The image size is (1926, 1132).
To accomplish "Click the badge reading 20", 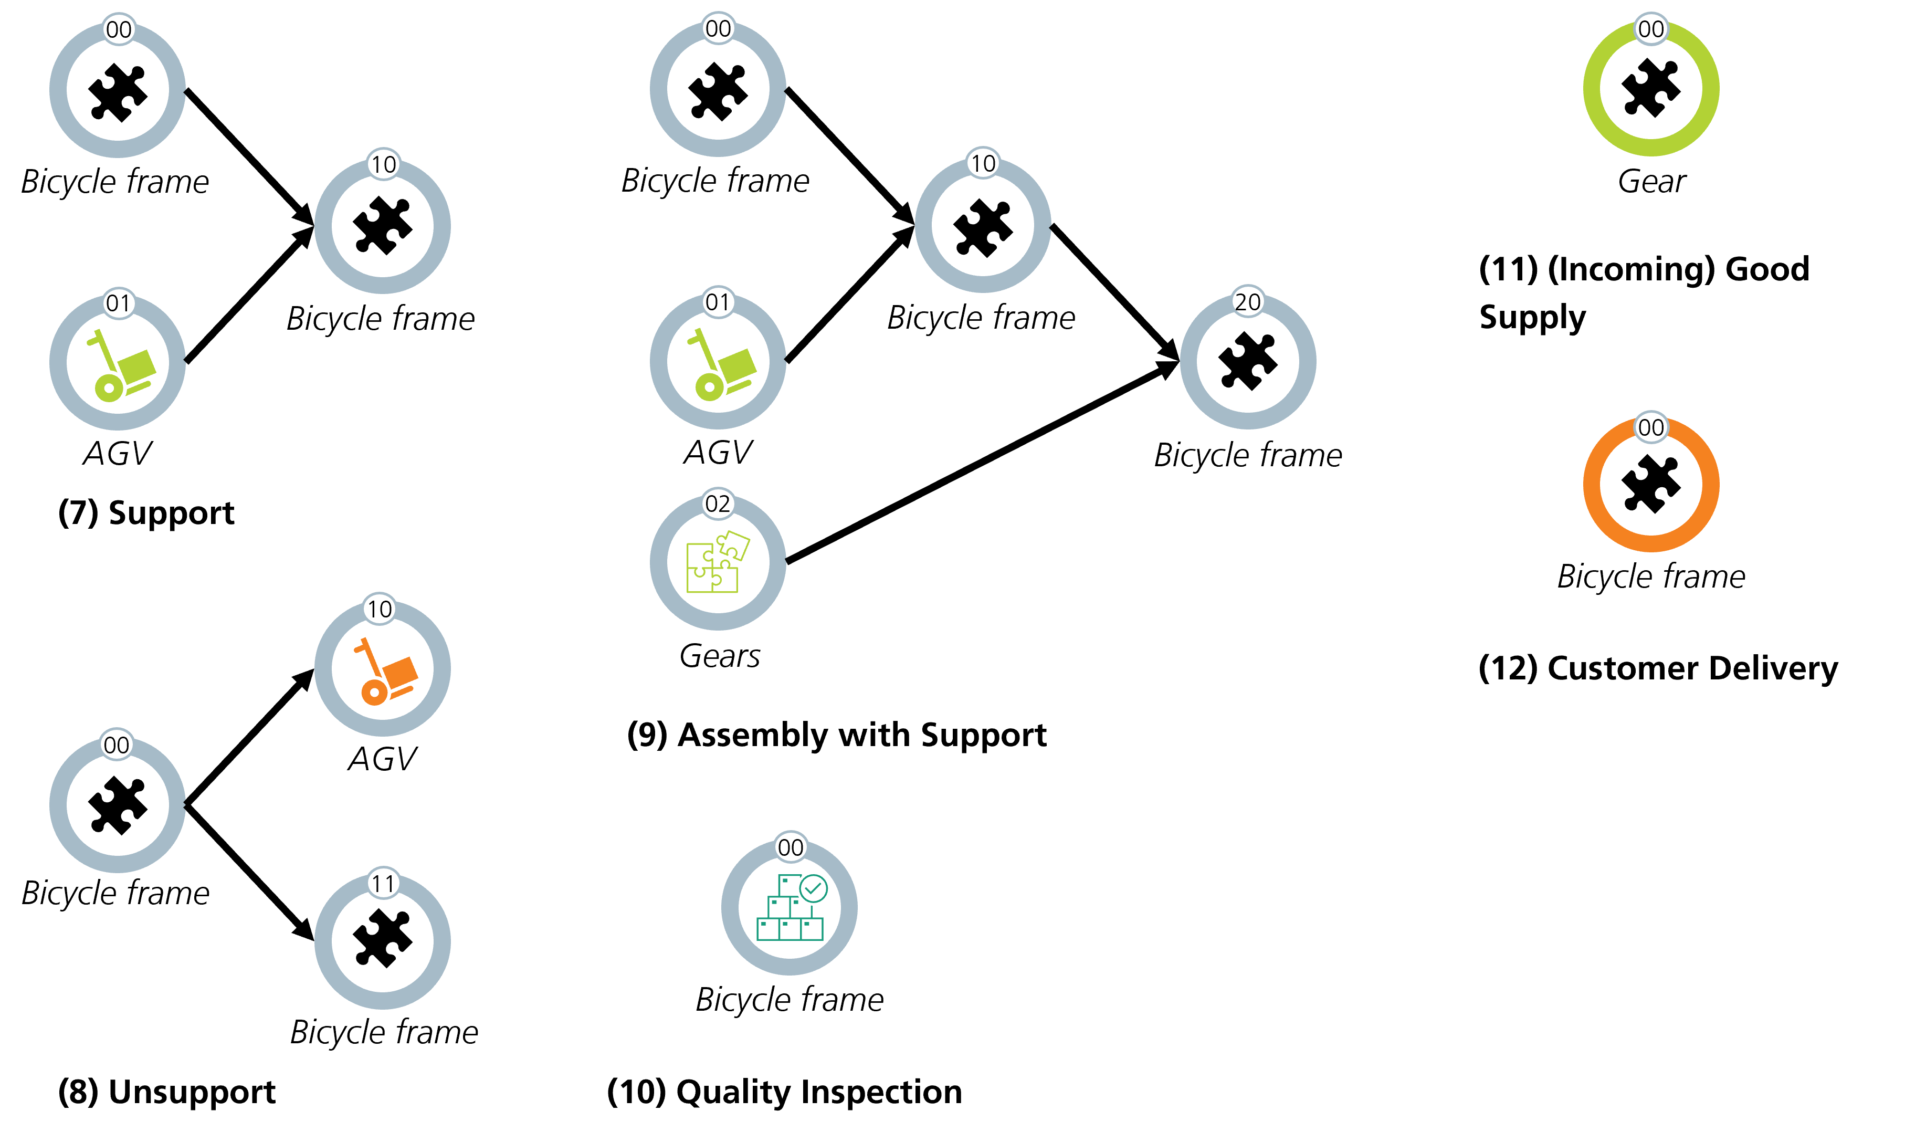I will pos(1247,302).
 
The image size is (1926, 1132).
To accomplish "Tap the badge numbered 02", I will pos(718,504).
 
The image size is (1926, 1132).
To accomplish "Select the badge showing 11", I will pos(383,884).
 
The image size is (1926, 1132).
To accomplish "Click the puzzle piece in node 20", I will pos(1247,361).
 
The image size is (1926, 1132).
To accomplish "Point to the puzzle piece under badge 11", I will pos(382,939).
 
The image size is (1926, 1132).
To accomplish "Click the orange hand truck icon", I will pos(384,671).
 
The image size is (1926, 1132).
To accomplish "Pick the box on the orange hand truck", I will pos(401,671).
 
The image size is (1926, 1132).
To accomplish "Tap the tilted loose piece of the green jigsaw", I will pos(734,544).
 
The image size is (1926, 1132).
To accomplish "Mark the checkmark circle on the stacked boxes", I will pos(813,888).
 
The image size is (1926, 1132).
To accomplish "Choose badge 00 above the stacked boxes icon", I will pos(790,847).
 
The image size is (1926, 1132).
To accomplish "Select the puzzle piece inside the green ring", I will pos(1651,88).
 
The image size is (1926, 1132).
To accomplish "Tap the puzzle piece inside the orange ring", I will pos(1651,484).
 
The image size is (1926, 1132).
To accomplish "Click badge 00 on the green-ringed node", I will pos(1651,29).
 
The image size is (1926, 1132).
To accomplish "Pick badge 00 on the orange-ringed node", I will pos(1651,427).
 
